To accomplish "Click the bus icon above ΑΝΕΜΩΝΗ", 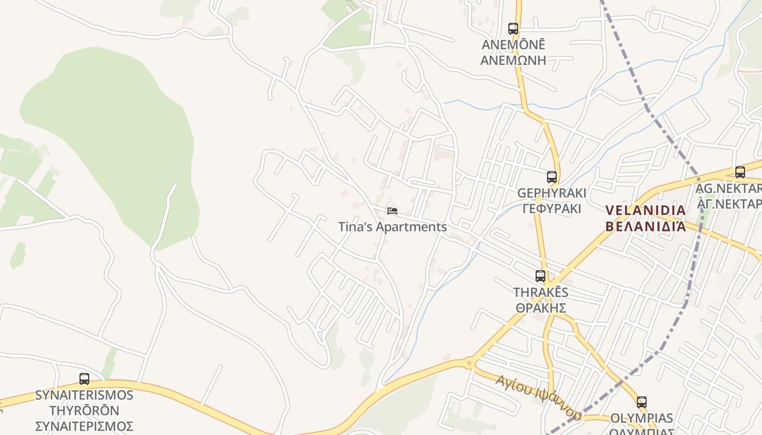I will [513, 28].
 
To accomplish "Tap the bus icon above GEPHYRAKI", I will [551, 177].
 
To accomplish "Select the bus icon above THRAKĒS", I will [540, 276].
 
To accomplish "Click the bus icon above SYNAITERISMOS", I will [84, 379].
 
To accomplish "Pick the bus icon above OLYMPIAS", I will [642, 402].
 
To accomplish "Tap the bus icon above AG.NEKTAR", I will [740, 172].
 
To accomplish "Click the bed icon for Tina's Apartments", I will [392, 210].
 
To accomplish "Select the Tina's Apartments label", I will [392, 227].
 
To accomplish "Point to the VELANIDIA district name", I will [646, 210].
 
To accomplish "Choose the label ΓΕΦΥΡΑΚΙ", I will [551, 208].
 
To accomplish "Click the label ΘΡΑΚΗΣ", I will [541, 308].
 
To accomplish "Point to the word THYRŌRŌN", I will [84, 410].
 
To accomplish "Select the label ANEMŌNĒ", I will [513, 45].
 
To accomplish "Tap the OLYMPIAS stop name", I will [642, 418].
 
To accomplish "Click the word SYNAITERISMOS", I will [84, 395].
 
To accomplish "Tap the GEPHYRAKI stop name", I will [551, 193].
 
